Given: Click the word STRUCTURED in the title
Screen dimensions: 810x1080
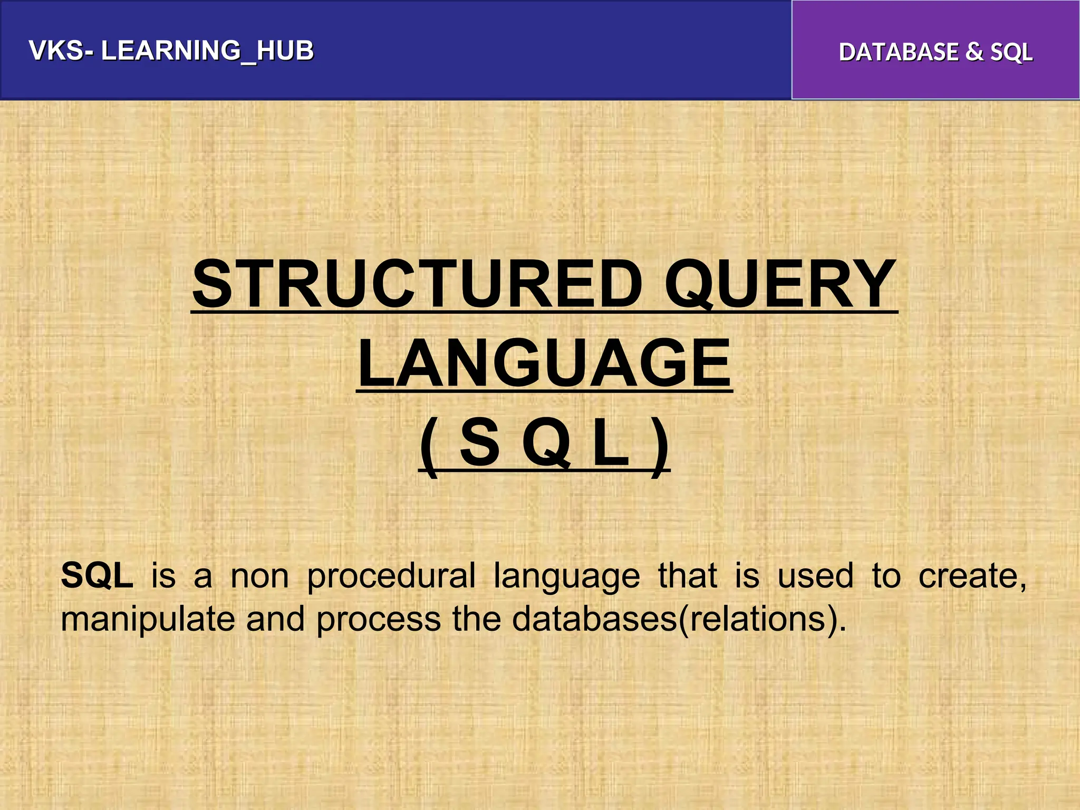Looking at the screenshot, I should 417,284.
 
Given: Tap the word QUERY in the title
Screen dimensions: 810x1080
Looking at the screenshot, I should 780,284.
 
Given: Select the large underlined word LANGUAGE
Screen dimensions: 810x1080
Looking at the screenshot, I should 544,363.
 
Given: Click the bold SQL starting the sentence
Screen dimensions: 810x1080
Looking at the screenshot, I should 97,575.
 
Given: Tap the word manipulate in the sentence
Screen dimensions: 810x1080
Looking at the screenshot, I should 147,620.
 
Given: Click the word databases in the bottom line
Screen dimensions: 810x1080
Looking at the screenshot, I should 594,619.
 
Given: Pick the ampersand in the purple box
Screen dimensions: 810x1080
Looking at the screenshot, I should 974,52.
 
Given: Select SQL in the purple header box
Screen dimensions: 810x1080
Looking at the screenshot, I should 1011,53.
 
